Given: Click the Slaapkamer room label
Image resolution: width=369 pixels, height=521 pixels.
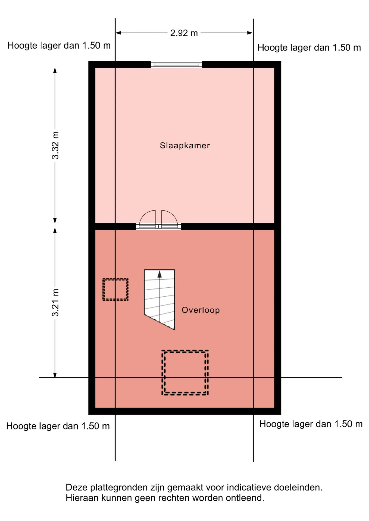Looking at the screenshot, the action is coord(185,145).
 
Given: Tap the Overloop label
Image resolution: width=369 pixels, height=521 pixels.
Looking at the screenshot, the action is coord(201,310).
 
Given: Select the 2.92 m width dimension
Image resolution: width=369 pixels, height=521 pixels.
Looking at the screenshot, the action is coord(184,33).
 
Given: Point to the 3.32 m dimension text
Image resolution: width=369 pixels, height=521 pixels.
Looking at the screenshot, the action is coord(55,145).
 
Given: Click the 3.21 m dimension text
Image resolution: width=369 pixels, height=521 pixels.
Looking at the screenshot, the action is coord(55,303).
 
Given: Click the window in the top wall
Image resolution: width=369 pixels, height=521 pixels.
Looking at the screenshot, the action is coord(176,65).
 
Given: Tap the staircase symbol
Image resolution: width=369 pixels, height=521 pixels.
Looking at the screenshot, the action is coord(160,299).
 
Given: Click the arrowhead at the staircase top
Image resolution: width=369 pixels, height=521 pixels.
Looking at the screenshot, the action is coord(160,274).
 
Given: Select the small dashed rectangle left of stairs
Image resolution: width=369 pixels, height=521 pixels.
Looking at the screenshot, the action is coord(115,290).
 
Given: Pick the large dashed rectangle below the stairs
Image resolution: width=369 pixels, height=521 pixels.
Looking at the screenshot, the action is coord(185,373).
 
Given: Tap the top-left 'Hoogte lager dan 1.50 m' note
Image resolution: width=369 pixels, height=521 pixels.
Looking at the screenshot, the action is coord(59,46).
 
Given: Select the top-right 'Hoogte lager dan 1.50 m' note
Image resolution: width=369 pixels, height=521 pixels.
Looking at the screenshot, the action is coord(309,48).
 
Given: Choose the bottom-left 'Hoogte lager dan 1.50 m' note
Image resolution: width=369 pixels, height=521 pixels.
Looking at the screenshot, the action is coord(58,426).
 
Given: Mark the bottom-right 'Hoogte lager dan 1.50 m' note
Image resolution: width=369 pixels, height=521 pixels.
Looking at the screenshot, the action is coord(311,424).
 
